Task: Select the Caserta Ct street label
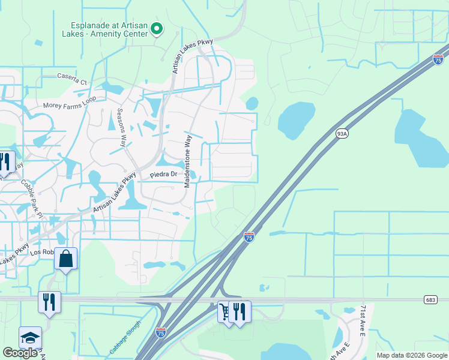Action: tap(72, 78)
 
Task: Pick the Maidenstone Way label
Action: tap(188, 161)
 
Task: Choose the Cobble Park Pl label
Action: tap(31, 197)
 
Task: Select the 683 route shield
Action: tap(430, 299)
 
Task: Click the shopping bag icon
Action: tap(66, 259)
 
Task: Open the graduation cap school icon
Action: tap(30, 338)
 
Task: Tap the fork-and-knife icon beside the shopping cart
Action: tap(240, 311)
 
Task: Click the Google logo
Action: tap(20, 353)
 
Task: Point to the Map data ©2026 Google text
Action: tap(412, 355)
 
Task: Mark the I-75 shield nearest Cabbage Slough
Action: tap(160, 332)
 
